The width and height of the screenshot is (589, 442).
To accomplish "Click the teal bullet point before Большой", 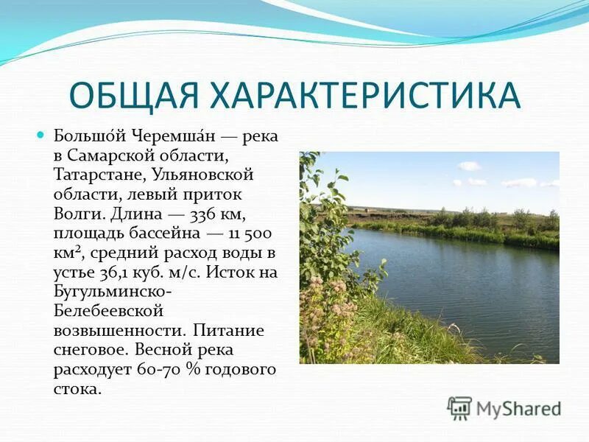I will pos(41,136).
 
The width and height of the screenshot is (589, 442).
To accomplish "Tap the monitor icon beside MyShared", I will pos(459,407).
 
